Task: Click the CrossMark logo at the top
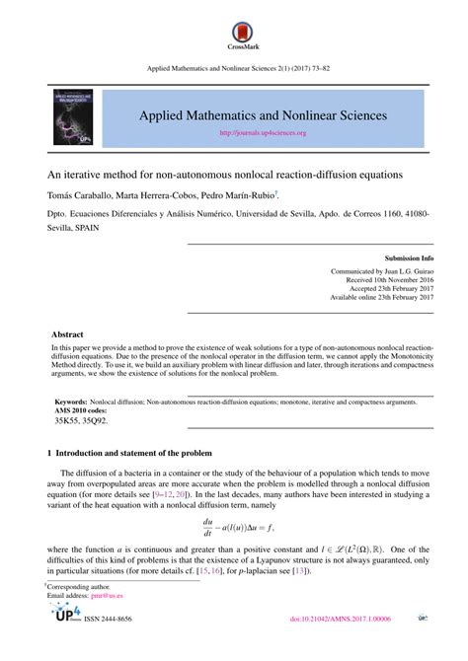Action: click(233, 30)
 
